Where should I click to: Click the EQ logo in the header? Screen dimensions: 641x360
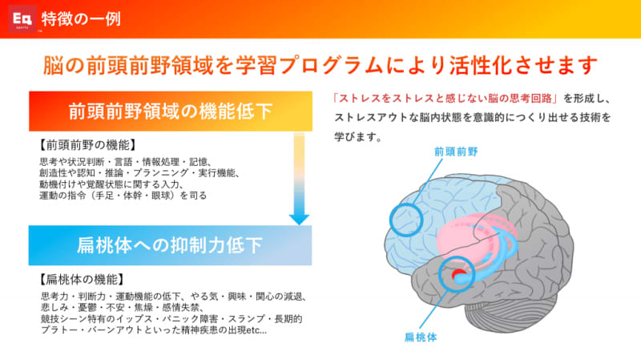coord(22,18)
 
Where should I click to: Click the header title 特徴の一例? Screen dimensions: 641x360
coord(81,19)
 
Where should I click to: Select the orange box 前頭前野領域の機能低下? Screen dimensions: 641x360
coord(171,111)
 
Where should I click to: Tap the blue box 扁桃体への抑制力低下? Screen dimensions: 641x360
coord(170,245)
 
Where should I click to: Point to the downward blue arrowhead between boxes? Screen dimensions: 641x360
coord(299,219)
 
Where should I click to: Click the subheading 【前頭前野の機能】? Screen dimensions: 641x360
coord(87,145)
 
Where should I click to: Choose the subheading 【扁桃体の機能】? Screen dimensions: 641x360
coord(82,279)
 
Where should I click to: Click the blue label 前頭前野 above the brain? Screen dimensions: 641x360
coord(456,152)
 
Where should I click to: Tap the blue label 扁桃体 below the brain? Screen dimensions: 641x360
coord(421,337)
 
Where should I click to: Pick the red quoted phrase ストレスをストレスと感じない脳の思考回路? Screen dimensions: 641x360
coord(445,98)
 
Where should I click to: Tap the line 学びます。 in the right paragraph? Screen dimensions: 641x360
coord(358,136)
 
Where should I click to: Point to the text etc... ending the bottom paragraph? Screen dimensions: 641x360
coord(256,330)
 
